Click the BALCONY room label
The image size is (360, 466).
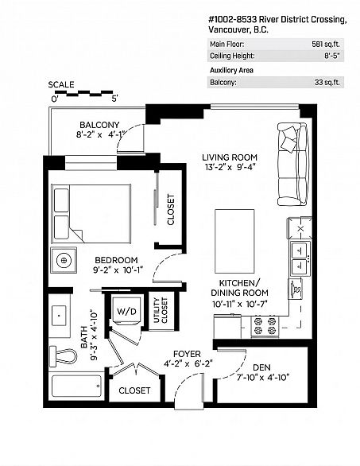click(x=99, y=125)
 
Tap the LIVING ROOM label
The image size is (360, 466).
click(x=230, y=157)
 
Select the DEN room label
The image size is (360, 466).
click(x=262, y=367)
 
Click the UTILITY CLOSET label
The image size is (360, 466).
click(x=161, y=310)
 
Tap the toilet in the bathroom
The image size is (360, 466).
click(x=63, y=355)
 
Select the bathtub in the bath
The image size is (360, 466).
click(x=76, y=386)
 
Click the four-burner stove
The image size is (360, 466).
click(x=265, y=326)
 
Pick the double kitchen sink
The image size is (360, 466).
click(x=300, y=258)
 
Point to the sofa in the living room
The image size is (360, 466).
click(x=292, y=164)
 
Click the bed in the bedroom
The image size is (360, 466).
click(x=91, y=214)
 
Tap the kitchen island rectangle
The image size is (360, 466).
click(x=234, y=241)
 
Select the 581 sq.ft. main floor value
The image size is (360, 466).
click(x=326, y=45)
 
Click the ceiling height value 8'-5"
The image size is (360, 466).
click(x=331, y=56)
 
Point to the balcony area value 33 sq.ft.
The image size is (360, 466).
click(x=327, y=82)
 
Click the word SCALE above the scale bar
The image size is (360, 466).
click(x=61, y=85)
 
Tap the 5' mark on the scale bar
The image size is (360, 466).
click(x=114, y=99)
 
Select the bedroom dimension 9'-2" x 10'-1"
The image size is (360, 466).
click(x=118, y=270)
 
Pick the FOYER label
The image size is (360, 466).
click(x=187, y=354)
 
